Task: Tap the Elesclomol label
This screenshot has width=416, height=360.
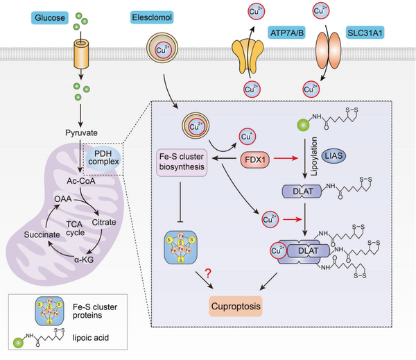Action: click(154, 17)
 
